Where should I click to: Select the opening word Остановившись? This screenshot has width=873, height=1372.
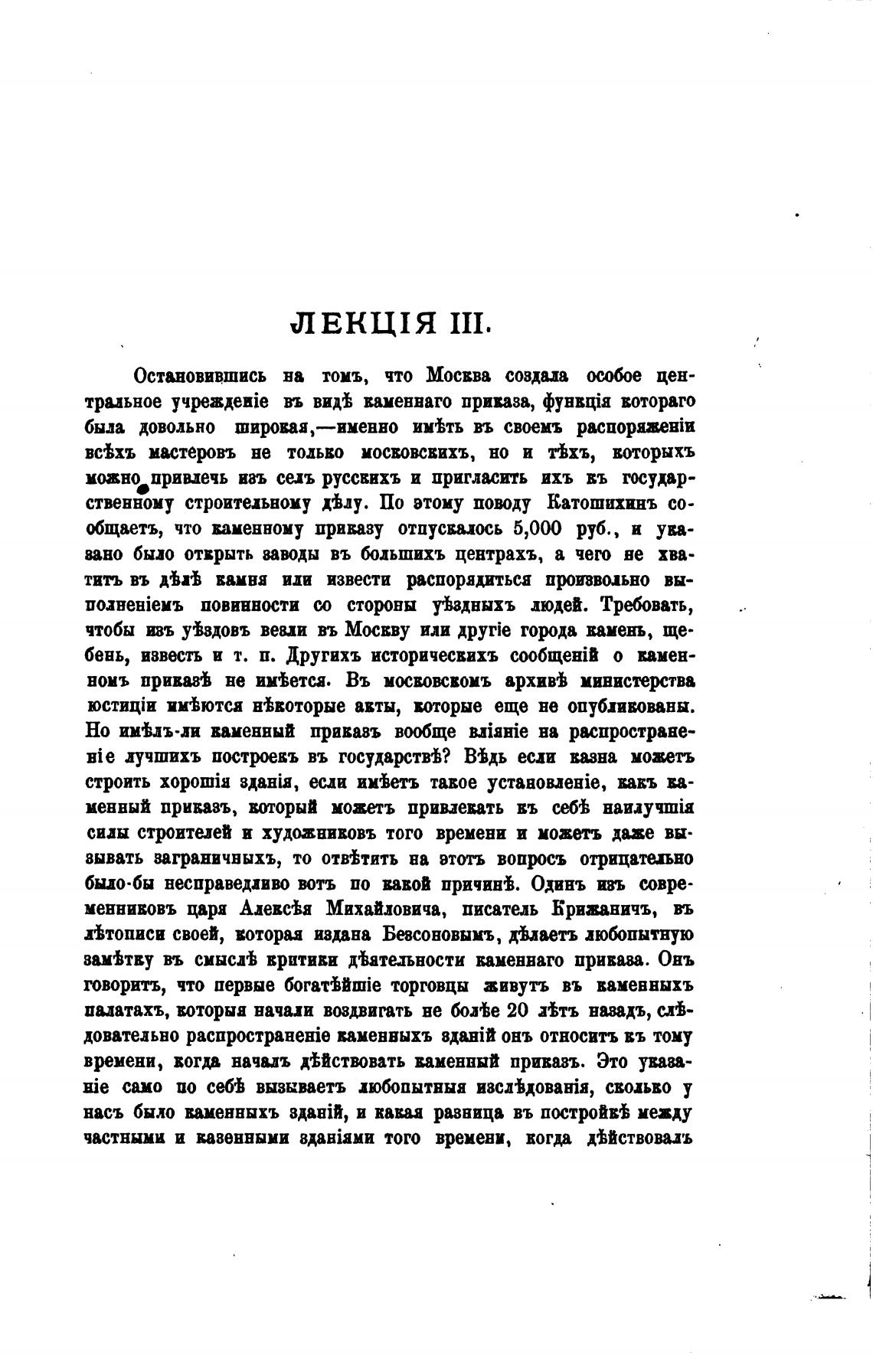click(x=200, y=376)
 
